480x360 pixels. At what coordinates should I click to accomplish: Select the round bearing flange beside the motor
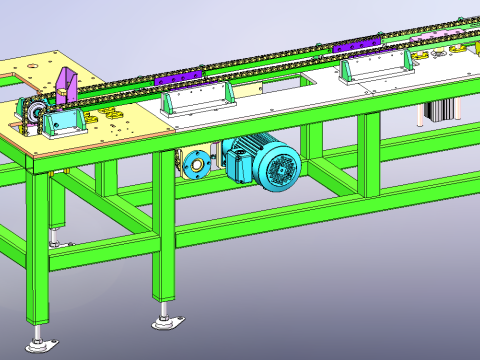pos(197,163)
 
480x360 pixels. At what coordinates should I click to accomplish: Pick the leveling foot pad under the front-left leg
pos(41,344)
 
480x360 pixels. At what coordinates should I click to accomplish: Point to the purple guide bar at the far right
pos(356,44)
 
